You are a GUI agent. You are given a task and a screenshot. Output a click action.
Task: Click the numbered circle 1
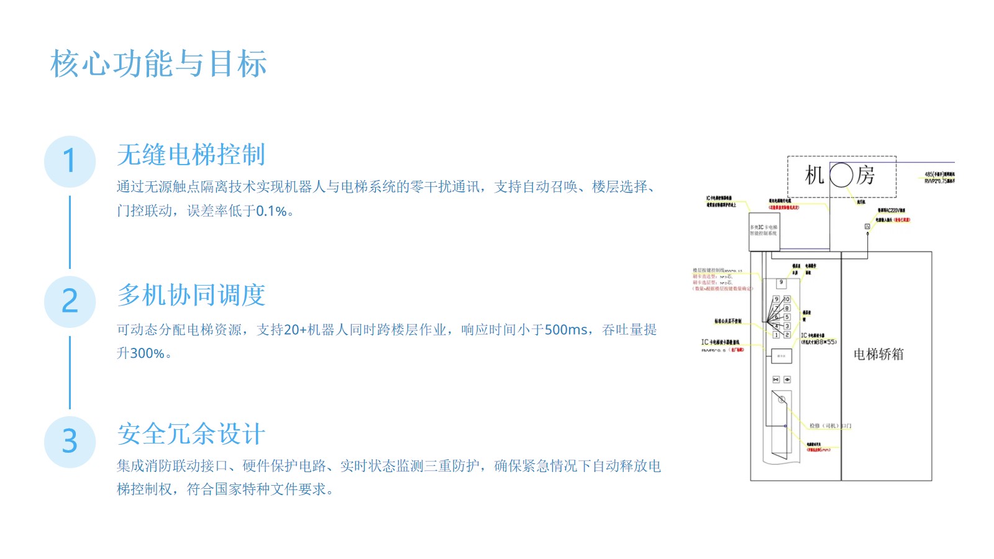[x=70, y=161]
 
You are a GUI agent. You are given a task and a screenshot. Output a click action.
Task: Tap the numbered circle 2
[x=70, y=302]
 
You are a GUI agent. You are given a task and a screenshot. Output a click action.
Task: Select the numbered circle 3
[x=70, y=442]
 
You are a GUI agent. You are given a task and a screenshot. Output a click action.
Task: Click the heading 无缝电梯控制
[x=191, y=155]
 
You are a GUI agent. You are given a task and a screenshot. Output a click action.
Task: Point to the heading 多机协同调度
[x=191, y=295]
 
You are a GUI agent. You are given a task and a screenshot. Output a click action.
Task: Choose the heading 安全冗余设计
[x=191, y=434]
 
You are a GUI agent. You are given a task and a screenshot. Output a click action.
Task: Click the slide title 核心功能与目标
[x=159, y=64]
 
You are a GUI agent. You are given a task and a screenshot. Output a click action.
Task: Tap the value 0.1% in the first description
[x=271, y=211]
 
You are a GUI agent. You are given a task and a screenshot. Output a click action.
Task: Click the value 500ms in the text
[x=565, y=330]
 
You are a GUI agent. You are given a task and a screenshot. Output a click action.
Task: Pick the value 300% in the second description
[x=147, y=353]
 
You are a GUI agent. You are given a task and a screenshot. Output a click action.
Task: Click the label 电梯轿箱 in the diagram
[x=878, y=354]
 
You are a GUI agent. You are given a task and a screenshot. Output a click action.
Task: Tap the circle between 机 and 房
[x=841, y=175]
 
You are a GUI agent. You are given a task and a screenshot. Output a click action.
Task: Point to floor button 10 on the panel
[x=787, y=299]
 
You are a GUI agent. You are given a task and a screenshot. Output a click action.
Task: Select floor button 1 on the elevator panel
[x=776, y=335]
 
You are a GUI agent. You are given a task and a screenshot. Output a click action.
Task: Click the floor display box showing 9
[x=782, y=283]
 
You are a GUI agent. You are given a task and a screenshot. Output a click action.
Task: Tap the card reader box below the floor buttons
[x=782, y=356]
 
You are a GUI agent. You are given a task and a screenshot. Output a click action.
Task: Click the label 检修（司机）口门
[x=830, y=425]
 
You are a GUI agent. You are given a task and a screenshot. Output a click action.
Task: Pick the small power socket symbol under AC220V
[x=867, y=227]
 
